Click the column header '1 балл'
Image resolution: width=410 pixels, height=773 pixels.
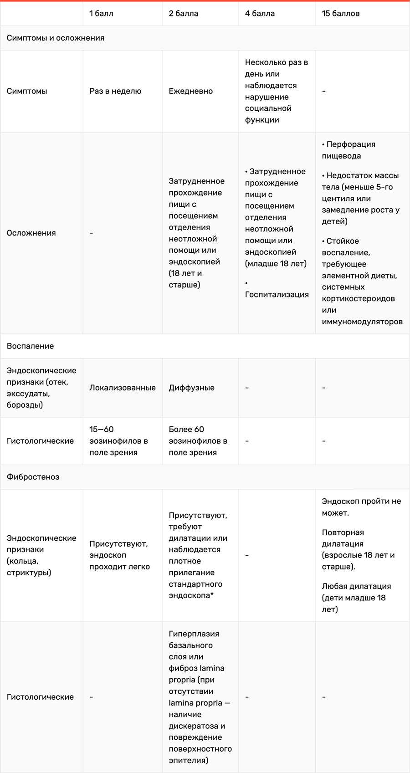point(101,13)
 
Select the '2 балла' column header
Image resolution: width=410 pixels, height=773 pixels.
point(183,13)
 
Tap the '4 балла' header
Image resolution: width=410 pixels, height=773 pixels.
point(260,13)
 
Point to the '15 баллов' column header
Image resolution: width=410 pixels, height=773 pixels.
point(340,13)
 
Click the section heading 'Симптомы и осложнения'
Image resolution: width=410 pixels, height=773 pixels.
point(55,38)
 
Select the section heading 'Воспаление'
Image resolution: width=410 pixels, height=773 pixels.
point(30,346)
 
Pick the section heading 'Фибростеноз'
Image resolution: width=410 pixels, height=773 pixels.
point(33,476)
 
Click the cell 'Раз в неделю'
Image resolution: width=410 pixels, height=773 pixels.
point(115,91)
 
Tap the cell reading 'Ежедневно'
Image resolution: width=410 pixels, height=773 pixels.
point(190,91)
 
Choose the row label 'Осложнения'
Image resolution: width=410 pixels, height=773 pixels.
point(31,233)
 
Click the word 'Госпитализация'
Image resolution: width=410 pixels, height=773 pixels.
point(277,294)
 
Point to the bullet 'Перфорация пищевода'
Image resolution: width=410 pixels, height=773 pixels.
point(348,150)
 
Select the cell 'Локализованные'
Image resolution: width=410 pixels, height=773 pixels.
point(122,387)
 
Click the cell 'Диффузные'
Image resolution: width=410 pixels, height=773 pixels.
point(191,387)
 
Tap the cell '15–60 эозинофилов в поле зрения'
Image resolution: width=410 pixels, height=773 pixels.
point(118,440)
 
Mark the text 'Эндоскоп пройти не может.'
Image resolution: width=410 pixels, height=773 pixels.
point(361,507)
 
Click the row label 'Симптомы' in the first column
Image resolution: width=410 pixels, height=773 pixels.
point(27,91)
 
